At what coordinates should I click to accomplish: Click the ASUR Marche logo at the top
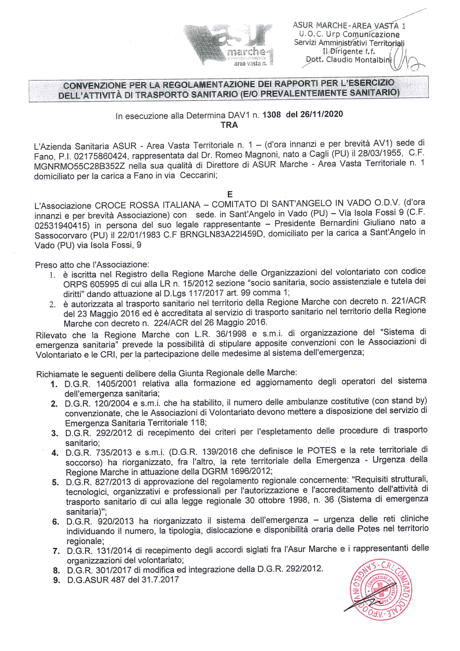point(229,45)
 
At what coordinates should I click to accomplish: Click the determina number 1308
point(271,115)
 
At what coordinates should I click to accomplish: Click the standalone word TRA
point(229,125)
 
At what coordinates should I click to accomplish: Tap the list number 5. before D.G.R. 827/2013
point(55,482)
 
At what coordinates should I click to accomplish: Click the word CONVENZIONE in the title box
point(94,86)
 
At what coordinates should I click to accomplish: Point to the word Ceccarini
point(198,175)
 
